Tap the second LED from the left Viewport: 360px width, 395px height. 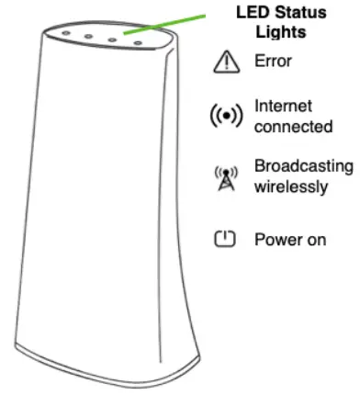(88, 38)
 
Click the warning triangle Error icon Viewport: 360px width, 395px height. (224, 63)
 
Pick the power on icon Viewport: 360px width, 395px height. (224, 239)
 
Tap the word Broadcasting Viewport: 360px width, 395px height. (302, 166)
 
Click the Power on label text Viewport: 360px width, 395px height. (289, 240)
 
